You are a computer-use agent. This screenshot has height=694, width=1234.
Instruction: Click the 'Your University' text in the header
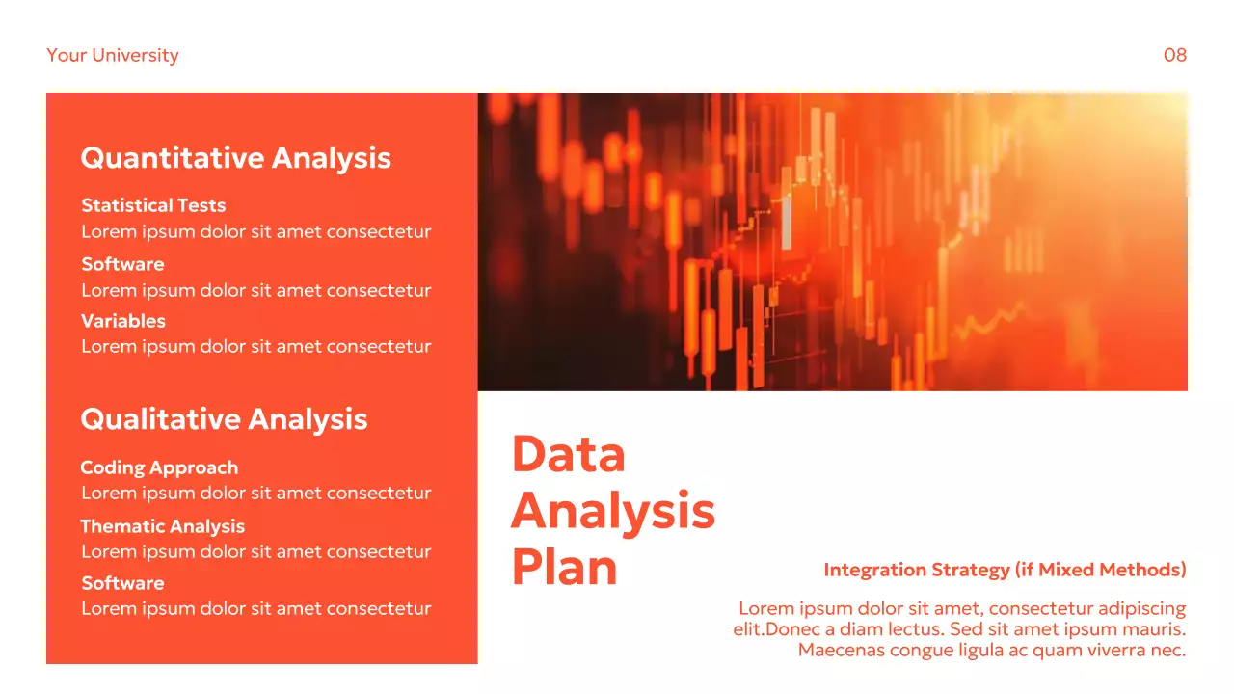point(113,55)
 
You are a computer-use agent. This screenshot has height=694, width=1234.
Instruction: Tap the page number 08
point(1174,55)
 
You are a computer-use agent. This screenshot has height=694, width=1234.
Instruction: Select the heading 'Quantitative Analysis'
point(235,158)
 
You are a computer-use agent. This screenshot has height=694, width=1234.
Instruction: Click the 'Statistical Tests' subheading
point(153,205)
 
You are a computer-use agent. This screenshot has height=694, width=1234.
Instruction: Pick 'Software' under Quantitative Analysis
point(122,264)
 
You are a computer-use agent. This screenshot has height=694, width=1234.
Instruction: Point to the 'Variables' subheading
point(123,321)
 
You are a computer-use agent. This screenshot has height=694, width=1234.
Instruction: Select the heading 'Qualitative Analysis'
point(224,419)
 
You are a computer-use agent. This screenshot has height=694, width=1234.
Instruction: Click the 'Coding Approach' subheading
point(159,467)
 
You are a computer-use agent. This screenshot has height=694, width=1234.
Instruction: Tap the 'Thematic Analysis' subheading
point(162,526)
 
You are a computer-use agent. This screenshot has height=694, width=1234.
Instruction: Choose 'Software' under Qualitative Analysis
point(122,583)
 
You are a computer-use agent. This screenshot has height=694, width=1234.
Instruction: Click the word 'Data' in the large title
point(568,454)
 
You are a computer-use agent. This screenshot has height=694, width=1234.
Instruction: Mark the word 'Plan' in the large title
point(564,567)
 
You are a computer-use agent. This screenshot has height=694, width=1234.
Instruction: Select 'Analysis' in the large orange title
point(613,511)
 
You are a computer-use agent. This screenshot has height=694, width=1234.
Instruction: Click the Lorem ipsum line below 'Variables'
point(255,347)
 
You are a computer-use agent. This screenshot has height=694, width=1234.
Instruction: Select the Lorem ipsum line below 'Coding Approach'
point(255,494)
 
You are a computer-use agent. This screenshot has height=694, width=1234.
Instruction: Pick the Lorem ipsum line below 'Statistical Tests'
point(255,232)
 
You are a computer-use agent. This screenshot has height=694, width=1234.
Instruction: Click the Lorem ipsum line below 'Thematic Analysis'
point(255,552)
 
